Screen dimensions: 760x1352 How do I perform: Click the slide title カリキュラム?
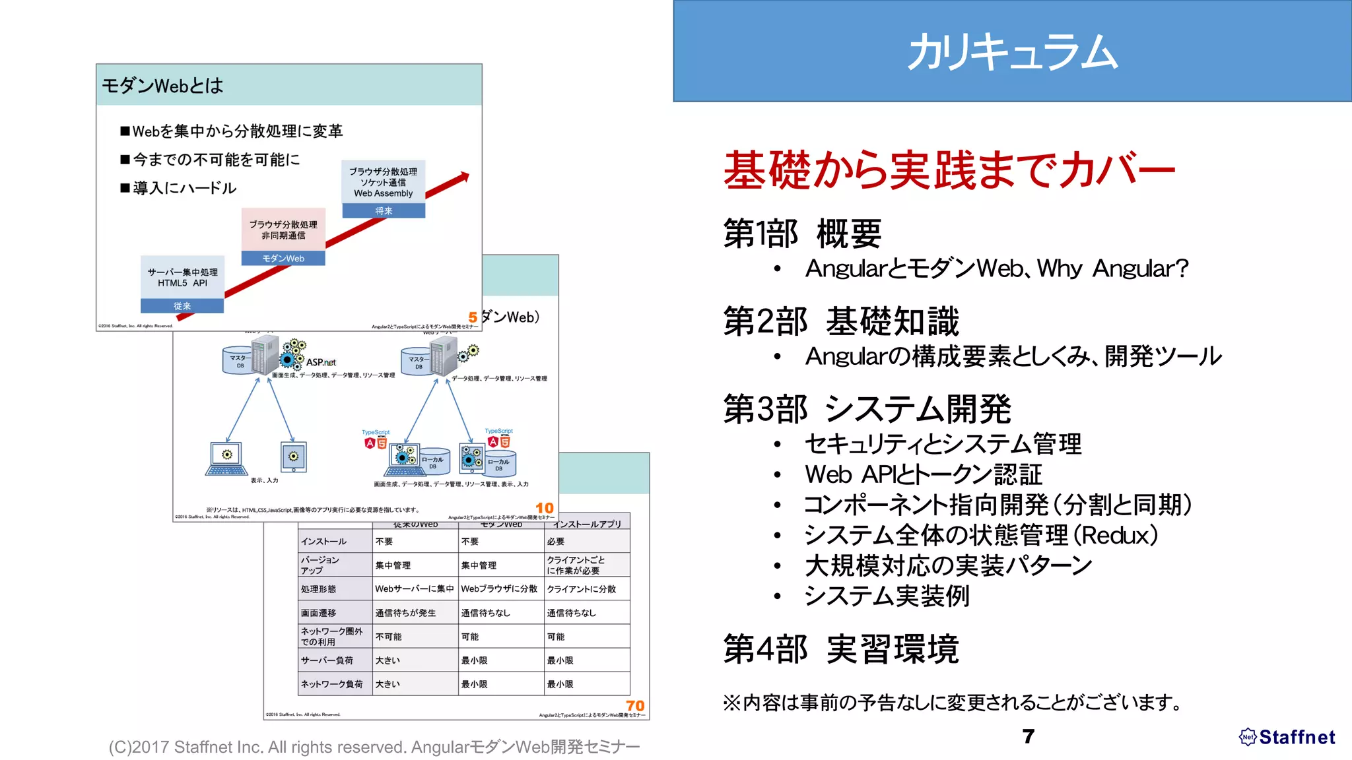(1012, 52)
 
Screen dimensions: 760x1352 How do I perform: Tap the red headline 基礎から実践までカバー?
(949, 170)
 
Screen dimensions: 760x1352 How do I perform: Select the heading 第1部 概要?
(802, 234)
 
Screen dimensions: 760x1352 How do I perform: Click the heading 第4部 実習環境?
(840, 649)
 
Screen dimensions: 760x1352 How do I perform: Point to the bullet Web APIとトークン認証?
(923, 474)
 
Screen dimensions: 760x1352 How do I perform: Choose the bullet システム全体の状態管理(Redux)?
(981, 535)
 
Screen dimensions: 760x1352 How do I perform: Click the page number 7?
(1028, 736)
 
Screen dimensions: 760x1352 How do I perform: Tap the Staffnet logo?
(1287, 737)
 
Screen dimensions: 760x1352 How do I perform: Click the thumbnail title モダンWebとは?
(162, 86)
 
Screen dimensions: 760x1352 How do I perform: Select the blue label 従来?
(182, 306)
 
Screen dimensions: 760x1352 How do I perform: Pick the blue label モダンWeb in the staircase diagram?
(283, 259)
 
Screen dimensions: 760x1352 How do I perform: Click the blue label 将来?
(384, 211)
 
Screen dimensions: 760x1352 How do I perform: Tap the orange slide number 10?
(544, 508)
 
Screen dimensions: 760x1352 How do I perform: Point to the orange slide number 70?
(634, 706)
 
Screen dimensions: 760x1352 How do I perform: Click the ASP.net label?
(321, 362)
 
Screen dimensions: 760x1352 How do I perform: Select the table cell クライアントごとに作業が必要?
(576, 565)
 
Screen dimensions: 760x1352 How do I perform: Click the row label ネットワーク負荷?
(332, 684)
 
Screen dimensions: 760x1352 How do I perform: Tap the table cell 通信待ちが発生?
(405, 613)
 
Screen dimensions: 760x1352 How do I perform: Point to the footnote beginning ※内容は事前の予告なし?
(953, 702)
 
